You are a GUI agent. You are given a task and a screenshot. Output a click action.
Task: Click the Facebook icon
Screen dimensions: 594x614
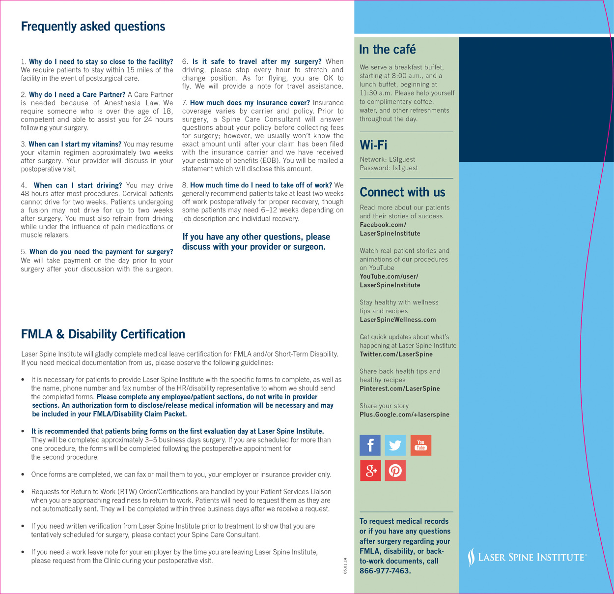[x=370, y=445]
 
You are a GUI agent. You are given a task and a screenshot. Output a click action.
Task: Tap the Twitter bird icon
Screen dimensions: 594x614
[x=395, y=445]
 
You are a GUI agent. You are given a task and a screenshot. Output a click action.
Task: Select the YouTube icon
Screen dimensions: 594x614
[x=420, y=445]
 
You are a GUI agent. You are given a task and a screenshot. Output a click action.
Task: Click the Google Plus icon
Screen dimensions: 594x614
[x=370, y=471]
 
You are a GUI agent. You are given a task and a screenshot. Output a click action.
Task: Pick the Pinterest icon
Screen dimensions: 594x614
[x=395, y=471]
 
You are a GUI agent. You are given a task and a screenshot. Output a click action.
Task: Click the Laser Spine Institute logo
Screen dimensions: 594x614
[x=527, y=557]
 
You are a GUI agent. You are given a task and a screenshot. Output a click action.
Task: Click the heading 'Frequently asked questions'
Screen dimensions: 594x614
[x=93, y=27]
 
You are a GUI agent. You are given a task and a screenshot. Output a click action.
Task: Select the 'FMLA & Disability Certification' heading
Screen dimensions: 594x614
[x=103, y=334]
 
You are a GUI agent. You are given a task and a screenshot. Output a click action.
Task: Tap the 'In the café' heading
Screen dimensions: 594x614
[x=387, y=50]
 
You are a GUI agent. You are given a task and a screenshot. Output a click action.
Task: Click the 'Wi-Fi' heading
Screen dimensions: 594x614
[x=373, y=145]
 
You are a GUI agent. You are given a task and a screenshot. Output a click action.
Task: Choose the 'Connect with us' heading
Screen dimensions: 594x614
[x=402, y=192]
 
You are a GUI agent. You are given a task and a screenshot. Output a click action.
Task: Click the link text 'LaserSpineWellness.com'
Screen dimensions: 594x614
[x=397, y=320]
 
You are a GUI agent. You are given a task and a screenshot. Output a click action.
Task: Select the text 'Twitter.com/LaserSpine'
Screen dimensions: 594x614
[x=396, y=354]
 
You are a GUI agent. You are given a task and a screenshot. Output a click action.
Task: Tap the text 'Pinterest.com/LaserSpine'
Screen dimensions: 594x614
[x=399, y=388]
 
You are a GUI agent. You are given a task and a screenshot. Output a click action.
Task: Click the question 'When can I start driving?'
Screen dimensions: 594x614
[x=78, y=185]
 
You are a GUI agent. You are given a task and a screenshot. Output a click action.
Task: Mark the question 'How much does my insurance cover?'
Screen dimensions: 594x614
[x=250, y=103]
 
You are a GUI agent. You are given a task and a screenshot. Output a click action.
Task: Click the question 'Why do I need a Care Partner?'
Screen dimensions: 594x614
[x=77, y=94]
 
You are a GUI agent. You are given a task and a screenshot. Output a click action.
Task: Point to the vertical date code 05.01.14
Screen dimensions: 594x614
[x=345, y=565]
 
